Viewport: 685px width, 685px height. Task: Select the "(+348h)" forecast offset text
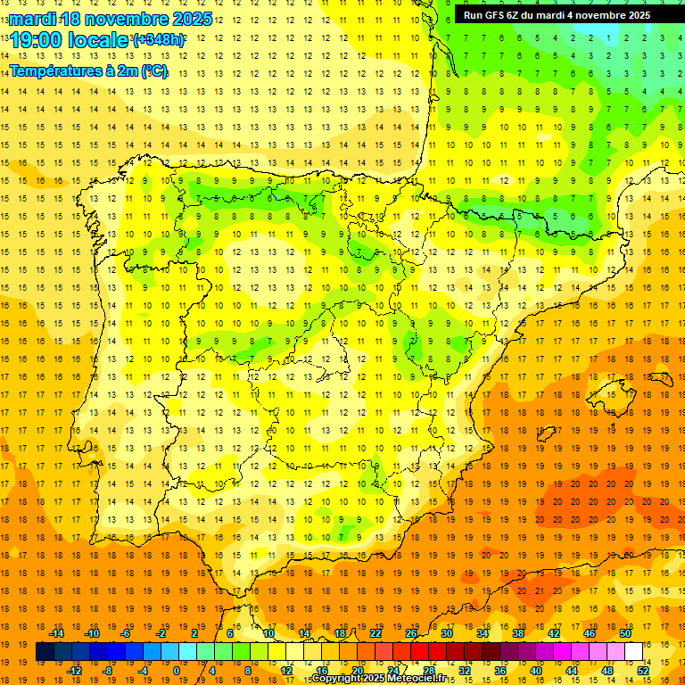pos(159,41)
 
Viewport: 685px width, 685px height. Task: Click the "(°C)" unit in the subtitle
pos(153,71)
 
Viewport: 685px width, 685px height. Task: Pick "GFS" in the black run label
pos(495,15)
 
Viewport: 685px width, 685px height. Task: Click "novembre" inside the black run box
pos(602,15)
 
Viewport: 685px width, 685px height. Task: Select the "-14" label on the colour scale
pos(56,633)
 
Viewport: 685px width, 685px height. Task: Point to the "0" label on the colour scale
pos(176,671)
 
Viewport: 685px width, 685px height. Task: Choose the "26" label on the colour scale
pos(411,633)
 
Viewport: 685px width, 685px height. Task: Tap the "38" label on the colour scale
pos(517,633)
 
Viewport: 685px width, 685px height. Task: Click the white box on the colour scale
pos(634,652)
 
